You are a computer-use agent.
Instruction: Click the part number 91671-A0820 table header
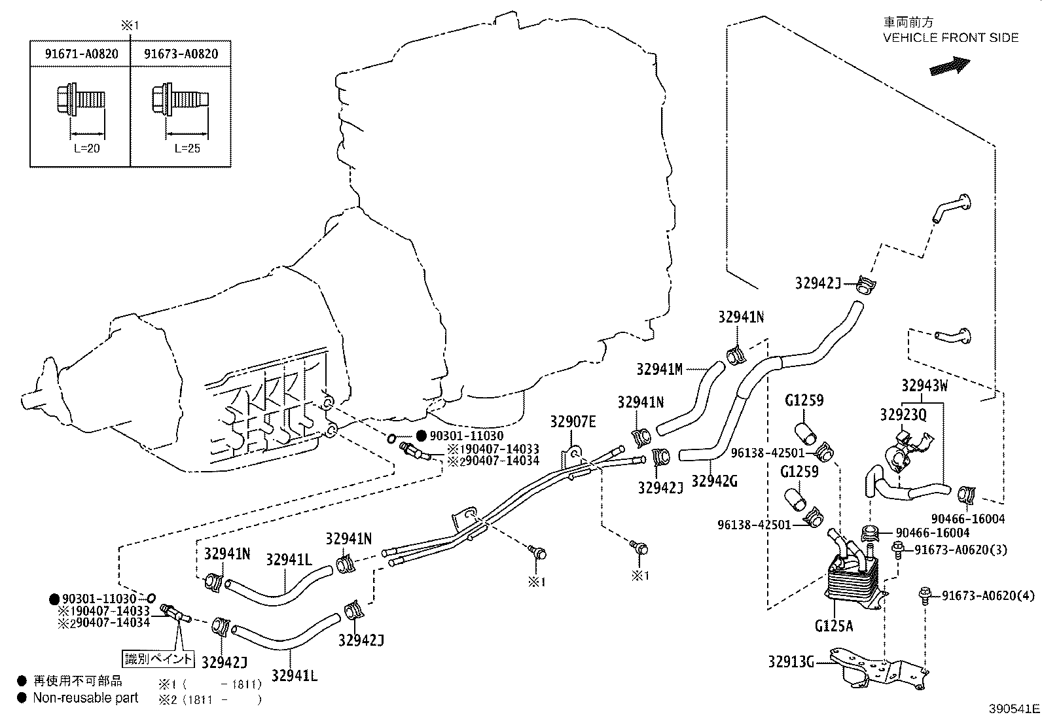coord(81,54)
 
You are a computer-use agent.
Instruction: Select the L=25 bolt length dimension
coord(187,149)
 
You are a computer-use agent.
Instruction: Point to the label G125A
coord(834,626)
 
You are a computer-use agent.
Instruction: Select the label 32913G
coord(791,662)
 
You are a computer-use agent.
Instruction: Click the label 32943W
coord(924,385)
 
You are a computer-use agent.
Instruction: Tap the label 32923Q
coord(903,415)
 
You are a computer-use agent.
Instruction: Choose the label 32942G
coord(714,481)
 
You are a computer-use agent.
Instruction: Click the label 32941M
coord(659,370)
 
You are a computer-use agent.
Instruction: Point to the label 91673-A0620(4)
coord(988,595)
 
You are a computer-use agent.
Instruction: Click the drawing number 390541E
coord(1014,709)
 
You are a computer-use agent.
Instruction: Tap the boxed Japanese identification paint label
coord(159,658)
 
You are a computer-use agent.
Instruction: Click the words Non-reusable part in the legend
coord(86,698)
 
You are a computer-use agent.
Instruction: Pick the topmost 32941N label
coord(741,317)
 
